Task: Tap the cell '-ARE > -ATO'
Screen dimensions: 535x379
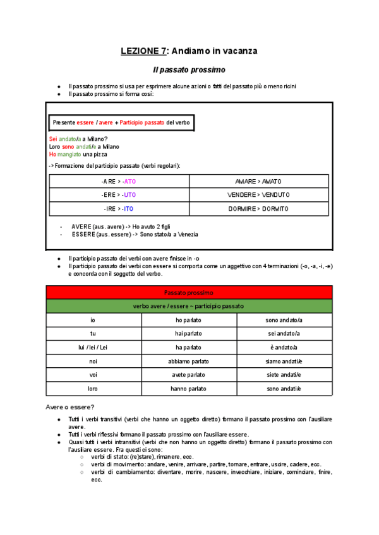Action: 118,181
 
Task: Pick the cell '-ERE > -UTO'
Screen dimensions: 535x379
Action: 118,195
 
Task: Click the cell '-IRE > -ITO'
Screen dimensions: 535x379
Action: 118,209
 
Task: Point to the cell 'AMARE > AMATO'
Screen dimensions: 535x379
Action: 258,181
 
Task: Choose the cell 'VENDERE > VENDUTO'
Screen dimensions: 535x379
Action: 258,195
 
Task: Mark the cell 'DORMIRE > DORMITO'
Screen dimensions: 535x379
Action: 258,209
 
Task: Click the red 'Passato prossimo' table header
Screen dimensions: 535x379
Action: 189,293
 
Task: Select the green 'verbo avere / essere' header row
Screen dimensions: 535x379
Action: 189,307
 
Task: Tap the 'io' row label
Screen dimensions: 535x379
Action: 93,320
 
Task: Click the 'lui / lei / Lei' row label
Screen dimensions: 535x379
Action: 93,348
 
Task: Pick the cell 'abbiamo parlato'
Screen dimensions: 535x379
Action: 189,362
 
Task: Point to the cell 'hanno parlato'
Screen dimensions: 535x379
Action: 189,389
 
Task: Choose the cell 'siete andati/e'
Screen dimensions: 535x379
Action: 284,375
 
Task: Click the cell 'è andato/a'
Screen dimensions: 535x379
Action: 284,348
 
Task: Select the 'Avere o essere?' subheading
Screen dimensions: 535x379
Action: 70,406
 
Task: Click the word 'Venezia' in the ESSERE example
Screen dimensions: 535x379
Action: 187,234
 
